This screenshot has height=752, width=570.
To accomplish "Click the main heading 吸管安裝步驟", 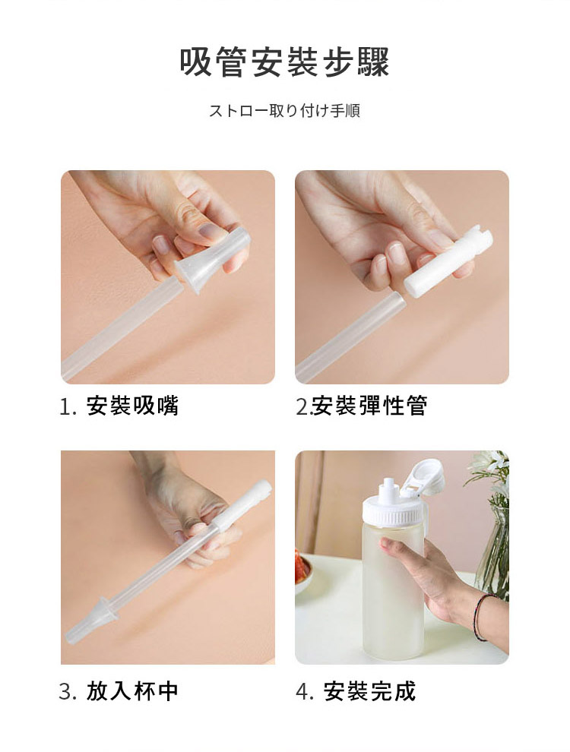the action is [284, 62].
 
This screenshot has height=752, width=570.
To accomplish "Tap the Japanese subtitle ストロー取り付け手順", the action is [284, 111].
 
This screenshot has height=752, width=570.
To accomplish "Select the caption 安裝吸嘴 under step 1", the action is [132, 406].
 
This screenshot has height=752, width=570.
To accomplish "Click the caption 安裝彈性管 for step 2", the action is [370, 406].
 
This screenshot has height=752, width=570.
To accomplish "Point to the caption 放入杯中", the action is [132, 691].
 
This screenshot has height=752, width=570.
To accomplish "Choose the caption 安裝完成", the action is [369, 691].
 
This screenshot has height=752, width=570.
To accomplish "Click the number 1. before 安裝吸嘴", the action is [68, 406].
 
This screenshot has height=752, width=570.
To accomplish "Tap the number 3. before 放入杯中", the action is [68, 692].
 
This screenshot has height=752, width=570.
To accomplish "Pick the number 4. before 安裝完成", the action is [306, 692].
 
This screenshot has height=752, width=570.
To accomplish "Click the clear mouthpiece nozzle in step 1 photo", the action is [207, 258].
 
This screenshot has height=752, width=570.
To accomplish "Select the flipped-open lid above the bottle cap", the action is [426, 478].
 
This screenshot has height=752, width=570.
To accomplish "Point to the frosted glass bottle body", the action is [393, 592].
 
